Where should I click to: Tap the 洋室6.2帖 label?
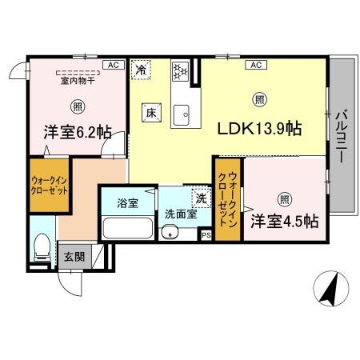pyautogui.click(x=77, y=134)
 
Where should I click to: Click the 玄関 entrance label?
pyautogui.click(x=74, y=257)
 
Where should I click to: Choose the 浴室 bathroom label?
pyautogui.click(x=126, y=202)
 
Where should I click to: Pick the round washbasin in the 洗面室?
pyautogui.click(x=168, y=233)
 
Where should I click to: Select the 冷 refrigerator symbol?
pyautogui.click(x=141, y=70)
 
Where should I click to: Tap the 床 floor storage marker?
pyautogui.click(x=150, y=113)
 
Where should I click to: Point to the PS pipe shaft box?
pyautogui.click(x=205, y=234)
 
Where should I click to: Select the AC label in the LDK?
pyautogui.click(x=258, y=65)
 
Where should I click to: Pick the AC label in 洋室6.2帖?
pyautogui.click(x=114, y=65)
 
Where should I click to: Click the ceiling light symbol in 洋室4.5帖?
pyautogui.click(x=285, y=199)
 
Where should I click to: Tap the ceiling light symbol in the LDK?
pyautogui.click(x=258, y=100)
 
